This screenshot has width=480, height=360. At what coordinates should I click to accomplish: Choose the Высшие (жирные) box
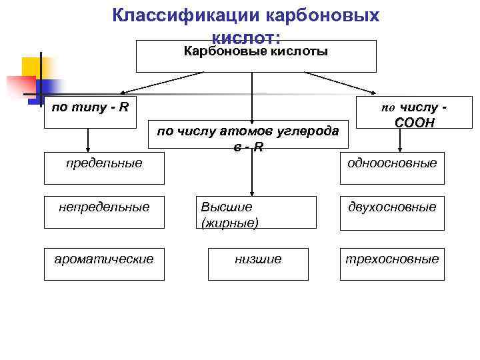click(252, 214)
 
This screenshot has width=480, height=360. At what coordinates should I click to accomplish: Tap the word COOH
click(414, 123)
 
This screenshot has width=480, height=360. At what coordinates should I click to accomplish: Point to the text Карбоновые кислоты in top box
click(256, 51)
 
